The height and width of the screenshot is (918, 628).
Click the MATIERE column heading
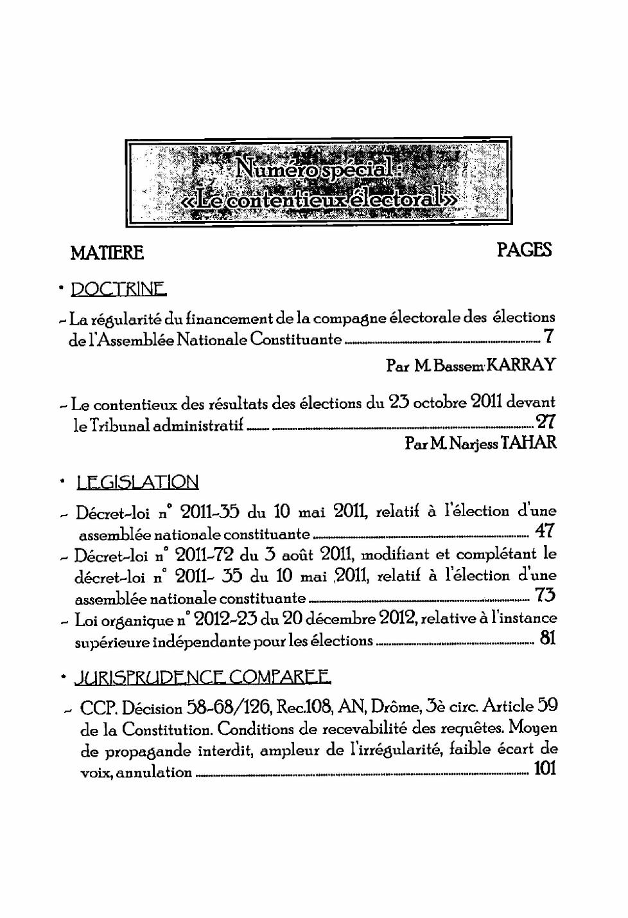107,253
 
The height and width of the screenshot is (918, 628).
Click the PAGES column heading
524,250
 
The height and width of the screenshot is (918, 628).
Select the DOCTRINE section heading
118,289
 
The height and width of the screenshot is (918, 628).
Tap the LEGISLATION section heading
137,482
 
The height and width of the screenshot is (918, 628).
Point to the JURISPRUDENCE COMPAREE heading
203,677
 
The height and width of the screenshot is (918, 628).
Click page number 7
548,336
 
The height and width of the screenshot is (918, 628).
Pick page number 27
546,422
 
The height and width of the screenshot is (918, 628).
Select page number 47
545,531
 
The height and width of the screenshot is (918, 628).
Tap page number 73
545,595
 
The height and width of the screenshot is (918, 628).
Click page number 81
547,638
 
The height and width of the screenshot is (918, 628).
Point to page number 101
545,768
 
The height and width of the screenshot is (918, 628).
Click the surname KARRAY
521,365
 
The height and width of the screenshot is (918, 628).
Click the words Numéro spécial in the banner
314,168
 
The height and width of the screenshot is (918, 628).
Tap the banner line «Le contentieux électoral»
320,200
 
